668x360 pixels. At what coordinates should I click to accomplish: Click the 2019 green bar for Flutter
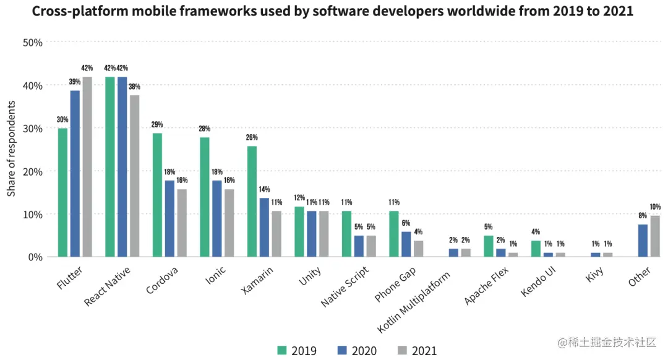pyautogui.click(x=62, y=192)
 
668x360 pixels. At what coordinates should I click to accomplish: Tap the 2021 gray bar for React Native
pyautogui.click(x=134, y=176)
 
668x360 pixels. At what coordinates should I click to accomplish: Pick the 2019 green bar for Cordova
pyautogui.click(x=157, y=195)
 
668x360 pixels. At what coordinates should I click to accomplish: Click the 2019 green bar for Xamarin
pyautogui.click(x=252, y=201)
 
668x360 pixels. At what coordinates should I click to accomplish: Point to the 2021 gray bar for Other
pyautogui.click(x=655, y=236)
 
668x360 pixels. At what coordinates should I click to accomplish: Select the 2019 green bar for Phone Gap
pyautogui.click(x=394, y=234)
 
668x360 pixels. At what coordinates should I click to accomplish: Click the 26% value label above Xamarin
pyautogui.click(x=252, y=137)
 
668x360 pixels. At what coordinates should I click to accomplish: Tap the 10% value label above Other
pyautogui.click(x=655, y=207)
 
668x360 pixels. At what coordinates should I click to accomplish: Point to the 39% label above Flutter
pyautogui.click(x=75, y=82)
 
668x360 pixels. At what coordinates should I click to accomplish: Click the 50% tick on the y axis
pyautogui.click(x=32, y=43)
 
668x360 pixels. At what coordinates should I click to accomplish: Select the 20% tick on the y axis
pyautogui.click(x=32, y=171)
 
